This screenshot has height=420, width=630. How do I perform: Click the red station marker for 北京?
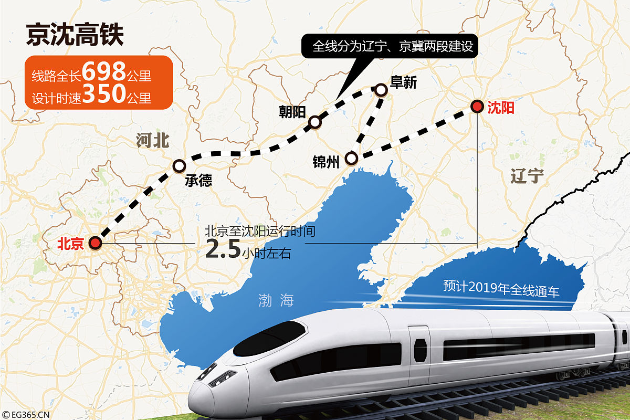(95, 243)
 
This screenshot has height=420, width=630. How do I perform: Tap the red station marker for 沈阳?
(477, 107)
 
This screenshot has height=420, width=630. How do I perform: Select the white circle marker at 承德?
(179, 165)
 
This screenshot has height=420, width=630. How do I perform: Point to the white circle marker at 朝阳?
(314, 122)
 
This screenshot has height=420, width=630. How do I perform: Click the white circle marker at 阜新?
(381, 90)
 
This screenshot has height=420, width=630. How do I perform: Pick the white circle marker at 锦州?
(351, 158)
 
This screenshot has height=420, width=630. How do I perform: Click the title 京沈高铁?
(75, 36)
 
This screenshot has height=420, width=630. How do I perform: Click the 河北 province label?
(153, 141)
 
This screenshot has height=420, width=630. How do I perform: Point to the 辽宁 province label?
(527, 176)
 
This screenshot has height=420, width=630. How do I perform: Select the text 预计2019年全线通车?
(501, 288)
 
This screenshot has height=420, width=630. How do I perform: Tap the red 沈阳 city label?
(500, 108)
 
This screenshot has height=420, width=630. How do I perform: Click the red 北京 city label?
(71, 244)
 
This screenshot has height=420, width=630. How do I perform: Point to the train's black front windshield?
(269, 339)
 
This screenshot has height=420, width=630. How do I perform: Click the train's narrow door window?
(420, 350)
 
